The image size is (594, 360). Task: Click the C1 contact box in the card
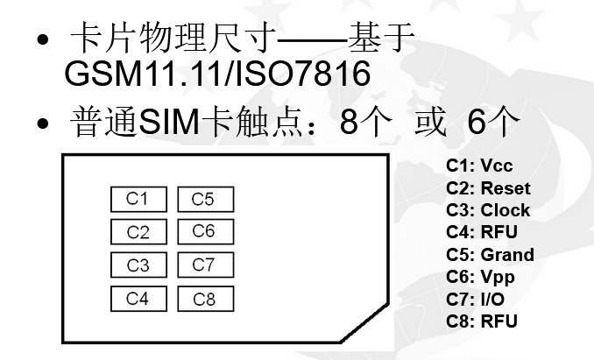click(x=138, y=199)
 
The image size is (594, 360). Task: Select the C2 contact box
click(x=138, y=232)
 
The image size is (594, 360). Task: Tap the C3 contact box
click(x=138, y=265)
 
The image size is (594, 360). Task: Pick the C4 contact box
click(x=138, y=299)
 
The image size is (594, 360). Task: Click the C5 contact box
click(x=203, y=199)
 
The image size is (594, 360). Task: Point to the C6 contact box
click(x=203, y=231)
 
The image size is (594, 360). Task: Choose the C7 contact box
click(x=203, y=265)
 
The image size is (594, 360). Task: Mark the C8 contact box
click(x=203, y=299)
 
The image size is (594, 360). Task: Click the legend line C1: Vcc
click(x=479, y=166)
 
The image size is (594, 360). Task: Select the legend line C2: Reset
click(x=488, y=188)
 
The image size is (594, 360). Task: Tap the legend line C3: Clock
click(x=488, y=210)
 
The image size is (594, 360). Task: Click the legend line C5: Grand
click(x=490, y=255)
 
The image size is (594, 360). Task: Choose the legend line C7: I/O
click(x=475, y=300)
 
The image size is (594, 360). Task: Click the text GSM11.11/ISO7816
click(x=216, y=74)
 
